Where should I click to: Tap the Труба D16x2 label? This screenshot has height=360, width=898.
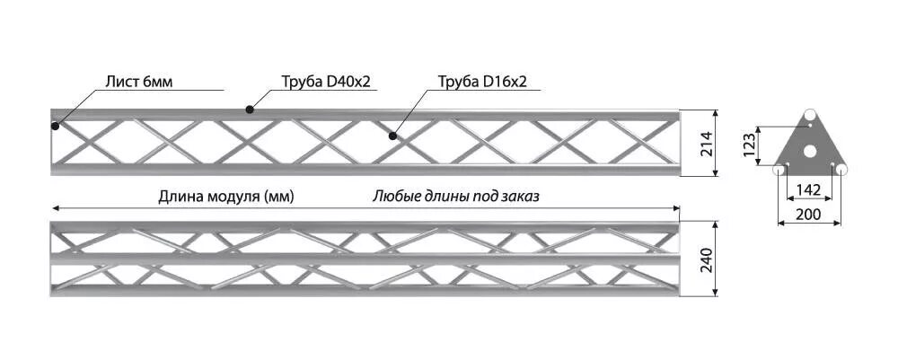(482, 82)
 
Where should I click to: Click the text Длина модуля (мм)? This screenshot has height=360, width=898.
(226, 196)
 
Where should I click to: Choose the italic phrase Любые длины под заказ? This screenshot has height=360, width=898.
(456, 196)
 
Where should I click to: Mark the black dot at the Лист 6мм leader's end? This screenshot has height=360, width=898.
(56, 126)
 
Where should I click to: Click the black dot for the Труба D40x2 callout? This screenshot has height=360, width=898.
(250, 110)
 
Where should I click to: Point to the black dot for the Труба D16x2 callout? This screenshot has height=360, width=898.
(392, 136)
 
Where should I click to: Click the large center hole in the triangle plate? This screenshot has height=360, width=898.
(810, 151)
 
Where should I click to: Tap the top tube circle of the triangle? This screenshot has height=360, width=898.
(810, 116)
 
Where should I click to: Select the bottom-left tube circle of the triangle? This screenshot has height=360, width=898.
(779, 168)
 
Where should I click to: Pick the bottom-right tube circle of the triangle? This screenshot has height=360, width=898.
(841, 168)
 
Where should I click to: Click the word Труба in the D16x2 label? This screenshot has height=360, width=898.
(458, 82)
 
